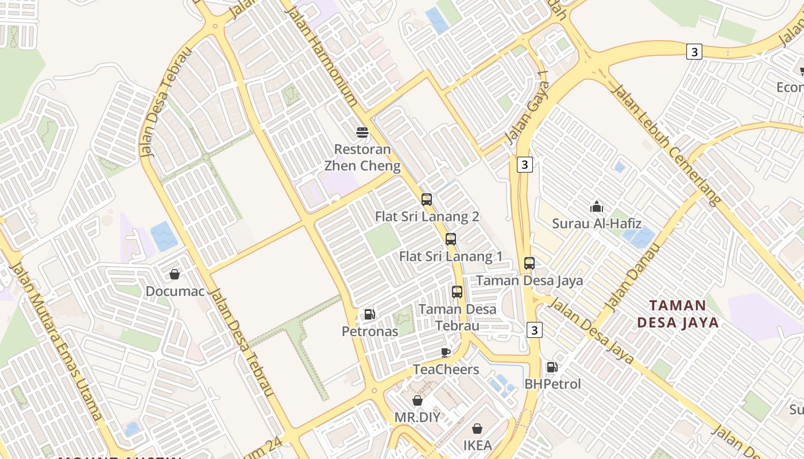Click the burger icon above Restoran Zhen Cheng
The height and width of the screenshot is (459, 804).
tap(362, 133)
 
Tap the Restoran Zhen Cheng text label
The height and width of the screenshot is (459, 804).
tap(362, 158)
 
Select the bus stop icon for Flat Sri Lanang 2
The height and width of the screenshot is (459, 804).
tap(427, 200)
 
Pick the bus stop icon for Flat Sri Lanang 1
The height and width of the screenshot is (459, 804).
tap(451, 239)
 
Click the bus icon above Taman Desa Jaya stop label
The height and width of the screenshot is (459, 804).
tap(529, 263)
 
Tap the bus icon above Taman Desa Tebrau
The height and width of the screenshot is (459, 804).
tap(457, 292)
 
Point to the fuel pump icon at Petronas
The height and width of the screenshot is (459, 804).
tap(370, 314)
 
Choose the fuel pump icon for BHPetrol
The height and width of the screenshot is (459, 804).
tap(552, 367)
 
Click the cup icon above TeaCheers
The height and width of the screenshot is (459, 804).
tap(446, 352)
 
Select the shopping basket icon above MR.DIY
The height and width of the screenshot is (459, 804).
tap(418, 400)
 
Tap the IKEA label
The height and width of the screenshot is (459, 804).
tap(478, 445)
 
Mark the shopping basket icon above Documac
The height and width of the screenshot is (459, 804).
tap(175, 274)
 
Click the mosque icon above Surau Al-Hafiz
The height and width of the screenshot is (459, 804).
tap(597, 207)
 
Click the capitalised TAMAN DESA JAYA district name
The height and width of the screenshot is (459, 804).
tap(678, 314)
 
